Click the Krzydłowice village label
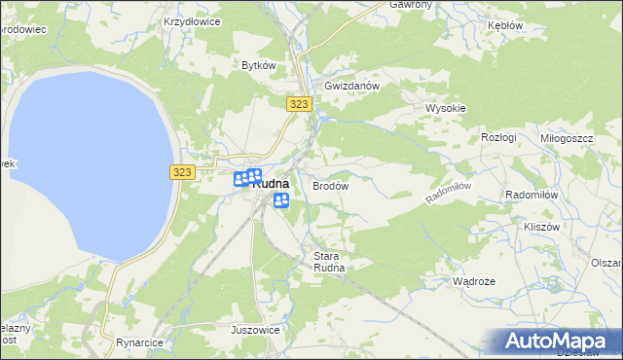pyautogui.click(x=192, y=20)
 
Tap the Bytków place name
pyautogui.click(x=260, y=65)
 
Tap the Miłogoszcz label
pyautogui.click(x=567, y=139)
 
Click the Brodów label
pyautogui.click(x=330, y=185)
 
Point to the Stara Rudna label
pyautogui.click(x=329, y=263)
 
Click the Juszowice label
pyautogui.click(x=256, y=330)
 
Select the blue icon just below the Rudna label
pyautogui.click(x=281, y=200)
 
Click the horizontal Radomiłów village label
pyautogui.click(x=531, y=195)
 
